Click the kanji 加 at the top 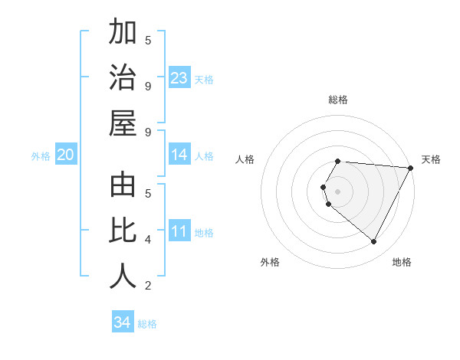tap(123, 34)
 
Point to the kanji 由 tap(123, 188)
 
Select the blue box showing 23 tap(179, 78)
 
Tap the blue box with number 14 tap(179, 155)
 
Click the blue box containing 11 tap(179, 232)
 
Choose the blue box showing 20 tap(66, 155)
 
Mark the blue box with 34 tap(123, 322)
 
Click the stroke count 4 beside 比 tap(148, 240)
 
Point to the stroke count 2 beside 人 tap(148, 286)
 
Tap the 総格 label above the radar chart tap(338, 100)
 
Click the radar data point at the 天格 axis tap(411, 169)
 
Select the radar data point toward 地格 tap(374, 242)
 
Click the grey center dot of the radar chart tap(338, 191)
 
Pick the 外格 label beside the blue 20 tap(41, 156)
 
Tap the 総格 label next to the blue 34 tap(147, 324)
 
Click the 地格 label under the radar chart tap(402, 262)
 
